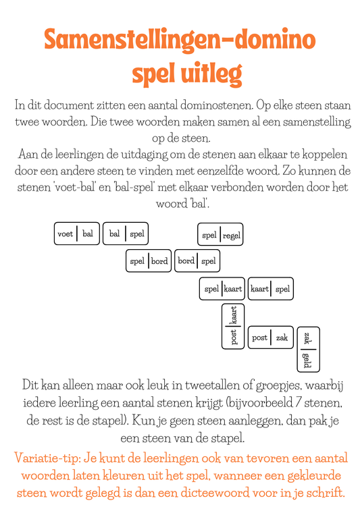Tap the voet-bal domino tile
76,234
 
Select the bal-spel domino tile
125,234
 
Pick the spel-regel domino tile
220,235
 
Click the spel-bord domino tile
149,261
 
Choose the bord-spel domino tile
197,261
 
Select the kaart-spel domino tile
270,289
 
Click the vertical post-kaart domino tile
234,326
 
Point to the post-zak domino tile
270,337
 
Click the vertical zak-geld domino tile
308,349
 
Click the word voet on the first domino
66,234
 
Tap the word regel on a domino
232,236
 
